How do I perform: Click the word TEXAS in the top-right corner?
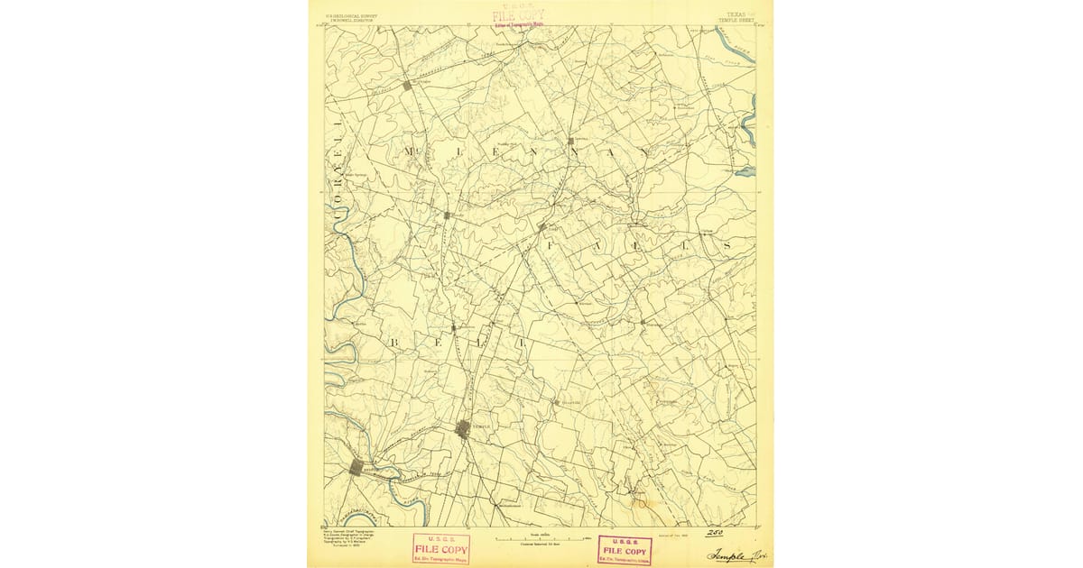pyautogui.click(x=735, y=14)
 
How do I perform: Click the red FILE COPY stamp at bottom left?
pyautogui.click(x=440, y=548)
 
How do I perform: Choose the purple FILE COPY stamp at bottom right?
pyautogui.click(x=625, y=549)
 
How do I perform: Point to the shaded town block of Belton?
pyautogui.click(x=357, y=466)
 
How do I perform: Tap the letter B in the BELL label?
pyautogui.click(x=394, y=344)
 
